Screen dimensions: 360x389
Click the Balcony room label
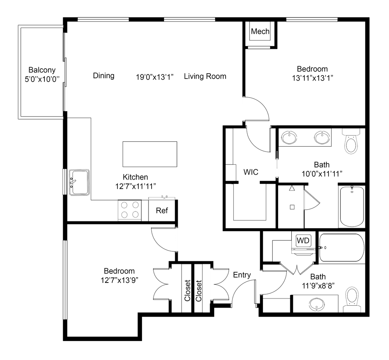point(42,70)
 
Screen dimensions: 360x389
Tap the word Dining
point(103,76)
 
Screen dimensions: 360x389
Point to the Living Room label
point(206,76)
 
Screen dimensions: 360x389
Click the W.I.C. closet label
point(250,172)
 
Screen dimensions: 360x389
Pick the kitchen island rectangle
point(150,154)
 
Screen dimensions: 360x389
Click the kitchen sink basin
point(78,182)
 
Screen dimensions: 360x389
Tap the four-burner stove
point(129,210)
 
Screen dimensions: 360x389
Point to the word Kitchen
point(135,177)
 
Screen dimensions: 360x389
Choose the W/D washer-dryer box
point(303,241)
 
